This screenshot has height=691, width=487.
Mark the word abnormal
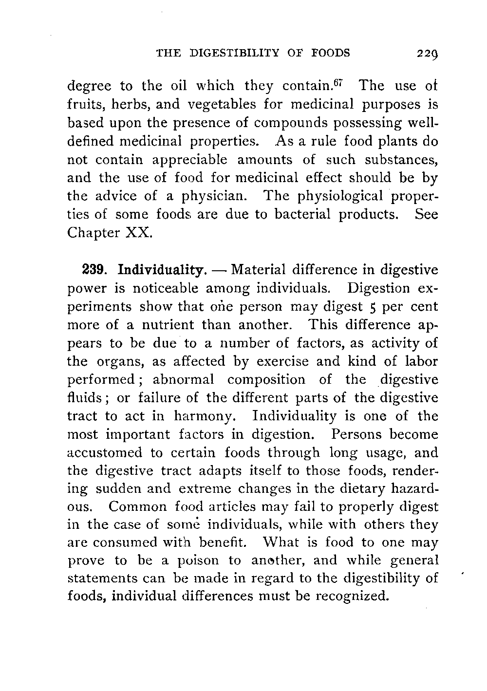184,379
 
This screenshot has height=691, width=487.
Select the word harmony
205,417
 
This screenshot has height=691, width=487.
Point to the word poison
197,560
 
